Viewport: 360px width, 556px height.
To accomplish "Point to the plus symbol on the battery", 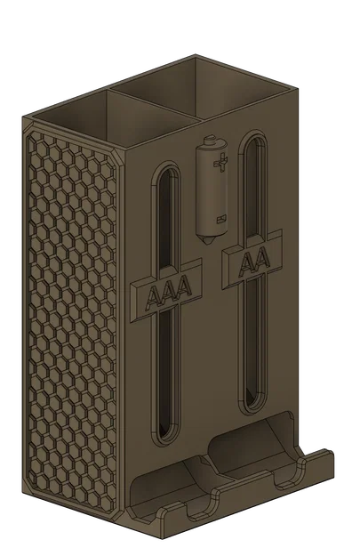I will [222, 162].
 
